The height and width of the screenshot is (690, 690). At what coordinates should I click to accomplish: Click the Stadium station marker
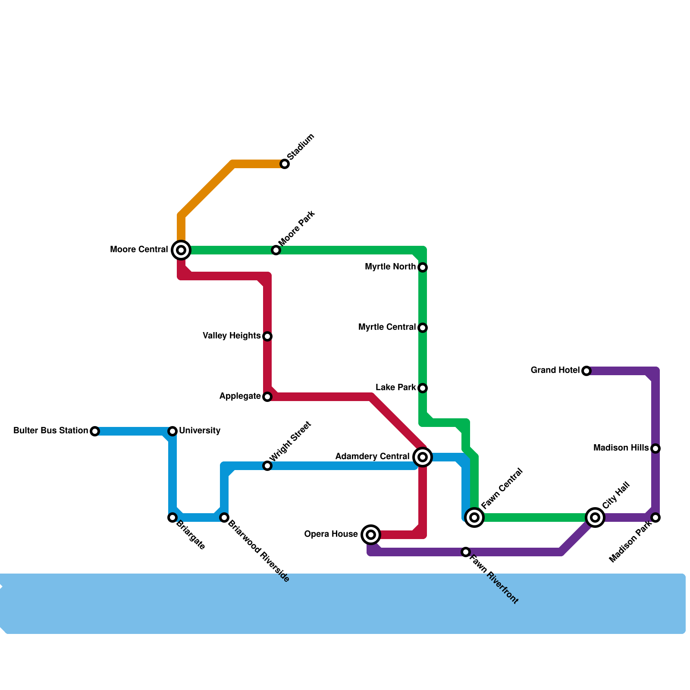click(285, 164)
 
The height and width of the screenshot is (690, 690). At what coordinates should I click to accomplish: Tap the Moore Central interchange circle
click(181, 250)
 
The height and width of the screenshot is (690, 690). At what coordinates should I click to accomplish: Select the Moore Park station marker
click(276, 250)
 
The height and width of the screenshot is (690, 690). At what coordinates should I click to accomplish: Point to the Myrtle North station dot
click(423, 267)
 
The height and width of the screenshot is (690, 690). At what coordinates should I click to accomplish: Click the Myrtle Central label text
click(387, 327)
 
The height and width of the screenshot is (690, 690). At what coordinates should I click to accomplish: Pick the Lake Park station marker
click(423, 388)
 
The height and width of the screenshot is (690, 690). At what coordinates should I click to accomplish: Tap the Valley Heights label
click(232, 336)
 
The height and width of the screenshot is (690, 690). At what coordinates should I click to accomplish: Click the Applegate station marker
click(267, 397)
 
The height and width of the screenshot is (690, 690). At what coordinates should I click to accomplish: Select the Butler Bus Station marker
click(95, 431)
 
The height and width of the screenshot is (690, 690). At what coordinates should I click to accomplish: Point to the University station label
click(200, 431)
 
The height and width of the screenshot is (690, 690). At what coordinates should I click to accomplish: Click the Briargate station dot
click(172, 517)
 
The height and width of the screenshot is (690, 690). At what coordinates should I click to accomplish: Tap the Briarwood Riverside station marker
click(224, 517)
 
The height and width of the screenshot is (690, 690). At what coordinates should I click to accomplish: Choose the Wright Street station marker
click(267, 466)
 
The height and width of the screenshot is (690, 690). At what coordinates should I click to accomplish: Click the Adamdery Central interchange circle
click(423, 457)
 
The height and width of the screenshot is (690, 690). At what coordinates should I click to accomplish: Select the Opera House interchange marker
click(371, 535)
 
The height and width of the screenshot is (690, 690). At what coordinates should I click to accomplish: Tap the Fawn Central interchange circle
click(474, 517)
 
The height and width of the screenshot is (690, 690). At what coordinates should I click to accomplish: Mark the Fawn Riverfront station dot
click(466, 552)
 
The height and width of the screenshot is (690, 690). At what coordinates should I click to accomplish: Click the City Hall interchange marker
click(595, 517)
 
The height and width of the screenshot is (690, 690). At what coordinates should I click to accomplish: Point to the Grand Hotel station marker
click(586, 371)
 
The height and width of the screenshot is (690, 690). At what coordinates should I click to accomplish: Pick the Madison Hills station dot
click(655, 448)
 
